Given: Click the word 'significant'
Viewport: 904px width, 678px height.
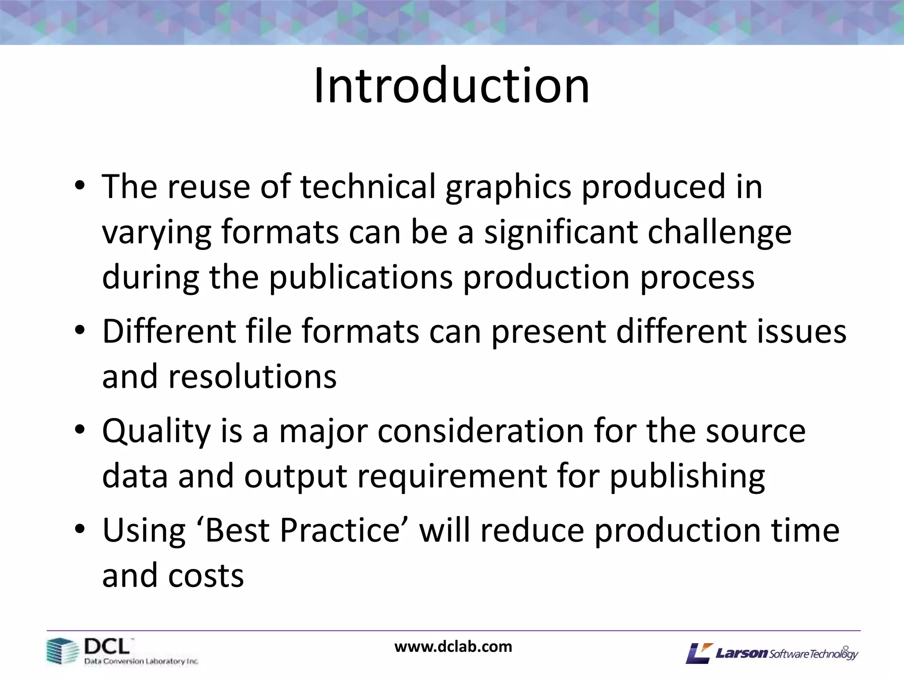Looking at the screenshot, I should tap(561, 232).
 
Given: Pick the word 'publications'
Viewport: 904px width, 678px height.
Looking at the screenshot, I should tap(361, 278).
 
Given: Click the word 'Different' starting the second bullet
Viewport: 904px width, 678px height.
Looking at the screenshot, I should tap(169, 331).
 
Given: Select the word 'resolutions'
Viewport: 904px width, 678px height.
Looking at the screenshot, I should tap(219, 377).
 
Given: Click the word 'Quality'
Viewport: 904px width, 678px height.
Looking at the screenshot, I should tap(157, 432).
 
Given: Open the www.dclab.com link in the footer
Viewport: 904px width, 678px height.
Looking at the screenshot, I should tap(453, 647).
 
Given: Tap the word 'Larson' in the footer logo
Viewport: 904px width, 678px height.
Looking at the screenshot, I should tap(742, 653).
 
